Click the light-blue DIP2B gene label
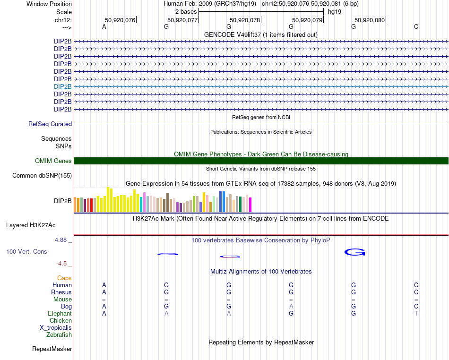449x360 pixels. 63,86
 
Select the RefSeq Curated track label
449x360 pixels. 50,124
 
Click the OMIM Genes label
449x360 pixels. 53,161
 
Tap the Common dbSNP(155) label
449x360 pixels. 42,176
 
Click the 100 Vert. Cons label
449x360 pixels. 26,252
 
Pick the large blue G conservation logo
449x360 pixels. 355,252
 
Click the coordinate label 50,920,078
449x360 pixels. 245,20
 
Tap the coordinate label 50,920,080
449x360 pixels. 370,20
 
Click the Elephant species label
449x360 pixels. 60,314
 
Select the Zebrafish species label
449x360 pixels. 59,335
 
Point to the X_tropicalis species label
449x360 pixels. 56,328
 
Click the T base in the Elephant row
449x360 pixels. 416,314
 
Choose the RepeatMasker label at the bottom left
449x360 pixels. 52,349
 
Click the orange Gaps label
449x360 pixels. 64,278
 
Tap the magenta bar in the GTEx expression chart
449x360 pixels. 250,205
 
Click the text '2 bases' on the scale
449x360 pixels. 185,11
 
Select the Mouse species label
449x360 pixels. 62,300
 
